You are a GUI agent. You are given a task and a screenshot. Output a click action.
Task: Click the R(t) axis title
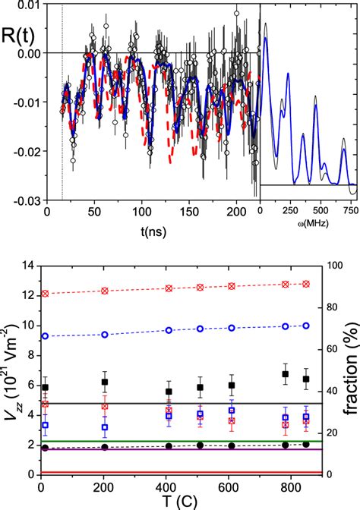(x=17, y=30)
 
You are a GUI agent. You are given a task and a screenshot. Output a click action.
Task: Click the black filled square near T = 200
(x=106, y=382)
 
